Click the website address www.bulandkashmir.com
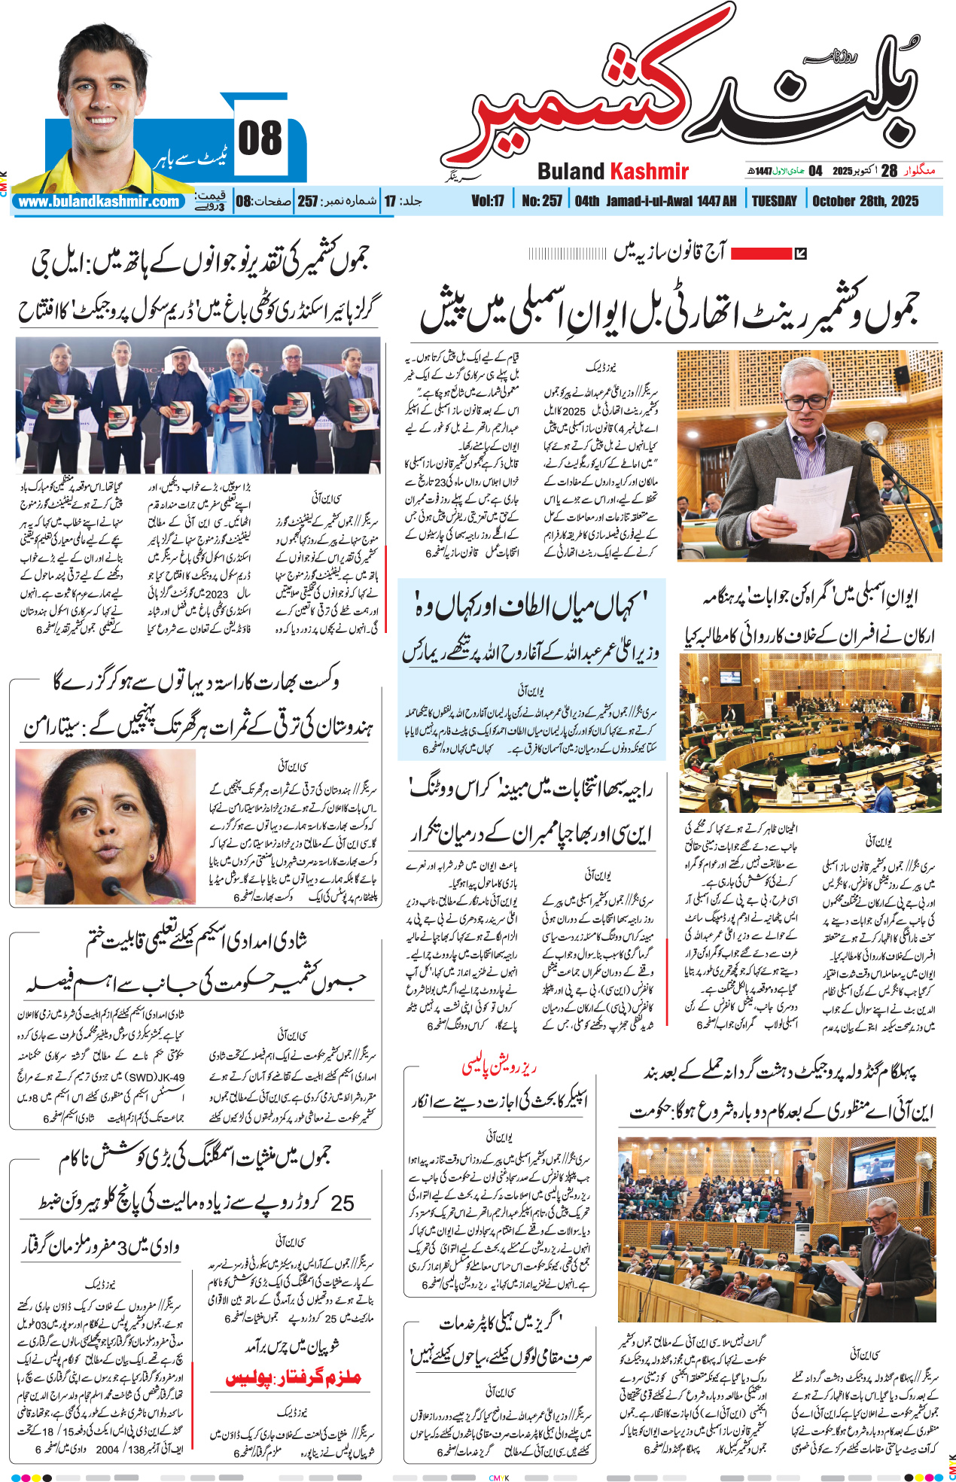(x=99, y=202)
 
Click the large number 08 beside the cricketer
(x=260, y=139)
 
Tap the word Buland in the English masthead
(x=571, y=172)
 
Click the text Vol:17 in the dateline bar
(x=488, y=201)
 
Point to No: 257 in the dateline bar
(x=542, y=201)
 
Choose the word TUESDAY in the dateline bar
(x=774, y=201)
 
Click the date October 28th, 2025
(x=865, y=201)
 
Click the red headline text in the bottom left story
(x=294, y=1379)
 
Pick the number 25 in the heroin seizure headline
(x=342, y=1203)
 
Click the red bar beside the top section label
(x=761, y=254)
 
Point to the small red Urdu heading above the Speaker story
(x=499, y=1067)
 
